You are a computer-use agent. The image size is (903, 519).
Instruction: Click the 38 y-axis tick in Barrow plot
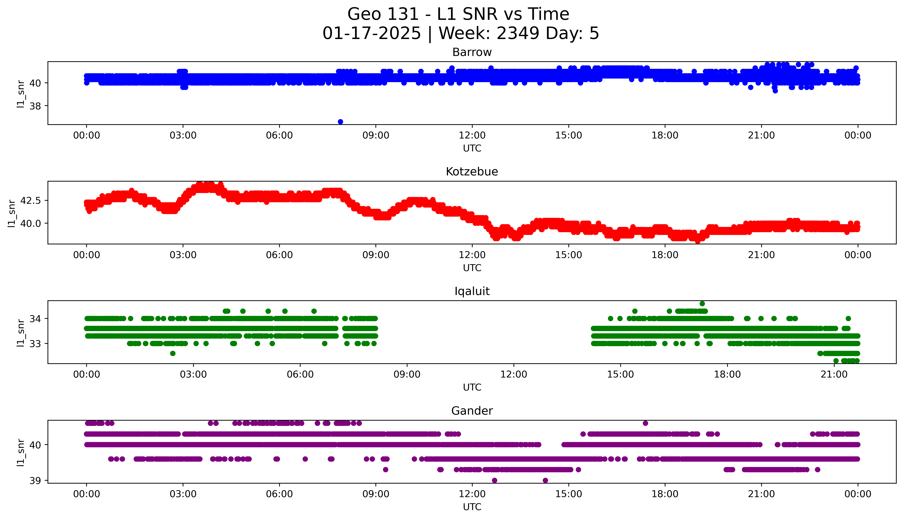click(36, 106)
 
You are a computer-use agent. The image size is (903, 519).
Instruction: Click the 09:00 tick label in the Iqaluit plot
click(407, 375)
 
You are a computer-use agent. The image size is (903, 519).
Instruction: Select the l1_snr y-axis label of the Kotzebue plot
click(12, 213)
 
